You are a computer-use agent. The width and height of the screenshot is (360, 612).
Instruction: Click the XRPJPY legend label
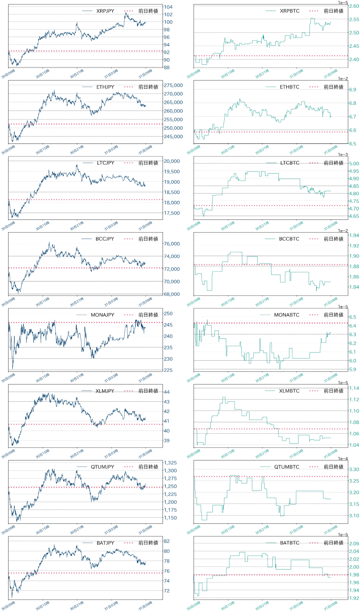coord(105,11)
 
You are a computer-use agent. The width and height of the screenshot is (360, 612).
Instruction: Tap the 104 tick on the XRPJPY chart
coord(168,7)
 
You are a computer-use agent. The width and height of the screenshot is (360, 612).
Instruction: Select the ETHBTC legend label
coord(290,87)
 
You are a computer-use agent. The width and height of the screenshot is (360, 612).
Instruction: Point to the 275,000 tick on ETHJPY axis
coord(173,85)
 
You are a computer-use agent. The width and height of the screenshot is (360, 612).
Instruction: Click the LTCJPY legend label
coord(106,163)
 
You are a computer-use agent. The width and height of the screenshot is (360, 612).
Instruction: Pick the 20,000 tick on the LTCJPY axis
coord(172,161)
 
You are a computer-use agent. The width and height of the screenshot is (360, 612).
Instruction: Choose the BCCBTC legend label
coord(289,239)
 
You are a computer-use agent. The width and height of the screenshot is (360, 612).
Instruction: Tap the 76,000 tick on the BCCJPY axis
coord(172,244)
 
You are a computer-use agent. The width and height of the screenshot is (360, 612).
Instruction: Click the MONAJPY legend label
coord(103,315)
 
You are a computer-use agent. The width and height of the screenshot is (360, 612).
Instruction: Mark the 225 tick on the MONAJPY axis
coord(168,370)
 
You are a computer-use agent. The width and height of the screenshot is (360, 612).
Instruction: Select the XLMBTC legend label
coord(289,391)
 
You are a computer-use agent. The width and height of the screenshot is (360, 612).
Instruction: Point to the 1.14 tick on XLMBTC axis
coord(354,388)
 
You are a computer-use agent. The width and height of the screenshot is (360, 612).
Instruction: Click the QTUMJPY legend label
coord(103,467)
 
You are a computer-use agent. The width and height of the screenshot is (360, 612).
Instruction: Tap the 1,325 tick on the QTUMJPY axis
coord(170,463)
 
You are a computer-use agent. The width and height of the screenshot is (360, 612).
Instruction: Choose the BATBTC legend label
coord(290,543)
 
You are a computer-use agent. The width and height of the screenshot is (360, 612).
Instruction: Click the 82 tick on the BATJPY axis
coord(167,541)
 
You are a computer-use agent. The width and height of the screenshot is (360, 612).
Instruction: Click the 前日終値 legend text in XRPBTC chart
coord(334,11)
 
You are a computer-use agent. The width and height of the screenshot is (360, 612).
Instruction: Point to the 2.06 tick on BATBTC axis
coord(354,544)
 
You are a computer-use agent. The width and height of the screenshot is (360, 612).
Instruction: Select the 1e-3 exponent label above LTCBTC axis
coord(343,155)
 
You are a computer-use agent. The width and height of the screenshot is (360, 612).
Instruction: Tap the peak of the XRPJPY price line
coord(125,13)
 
